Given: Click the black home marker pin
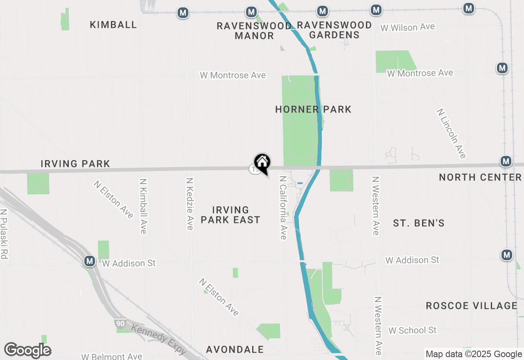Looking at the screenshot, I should coord(262,162).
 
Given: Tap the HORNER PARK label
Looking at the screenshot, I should coord(313,109).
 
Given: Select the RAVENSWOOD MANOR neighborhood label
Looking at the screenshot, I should coord(254,31).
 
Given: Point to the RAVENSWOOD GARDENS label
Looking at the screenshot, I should coord(334,30).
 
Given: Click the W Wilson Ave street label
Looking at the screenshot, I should coord(407,27).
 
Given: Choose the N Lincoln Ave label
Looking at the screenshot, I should coord(451,133).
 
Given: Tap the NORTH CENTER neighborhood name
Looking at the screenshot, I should coord(480,177).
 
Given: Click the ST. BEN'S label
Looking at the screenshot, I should coord(419,223).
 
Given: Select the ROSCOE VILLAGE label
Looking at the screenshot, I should coord(472,306).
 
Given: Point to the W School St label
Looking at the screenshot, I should coord(413,330).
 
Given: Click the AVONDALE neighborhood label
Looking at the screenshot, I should coord(235,349).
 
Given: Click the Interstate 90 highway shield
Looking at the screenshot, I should coord(120,323).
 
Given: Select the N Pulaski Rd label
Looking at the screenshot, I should coord(4,234).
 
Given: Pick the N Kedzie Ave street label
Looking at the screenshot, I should coord(190,204).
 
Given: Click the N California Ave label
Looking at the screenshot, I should coord(283,208).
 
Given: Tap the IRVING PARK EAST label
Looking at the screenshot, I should coord(230,215).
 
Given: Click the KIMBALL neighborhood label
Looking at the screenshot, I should coord(113,25).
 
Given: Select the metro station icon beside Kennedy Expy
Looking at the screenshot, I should coord(90,261).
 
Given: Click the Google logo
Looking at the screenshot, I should coord(28,351).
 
